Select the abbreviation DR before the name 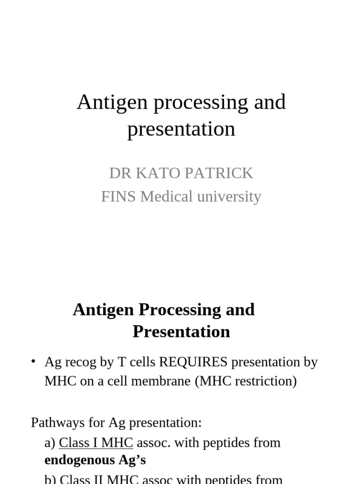(x=120, y=173)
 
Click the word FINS (x=119, y=196)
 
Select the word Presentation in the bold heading (x=181, y=331)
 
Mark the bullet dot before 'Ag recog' (x=34, y=362)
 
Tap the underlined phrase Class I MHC (x=96, y=443)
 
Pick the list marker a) (x=50, y=443)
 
